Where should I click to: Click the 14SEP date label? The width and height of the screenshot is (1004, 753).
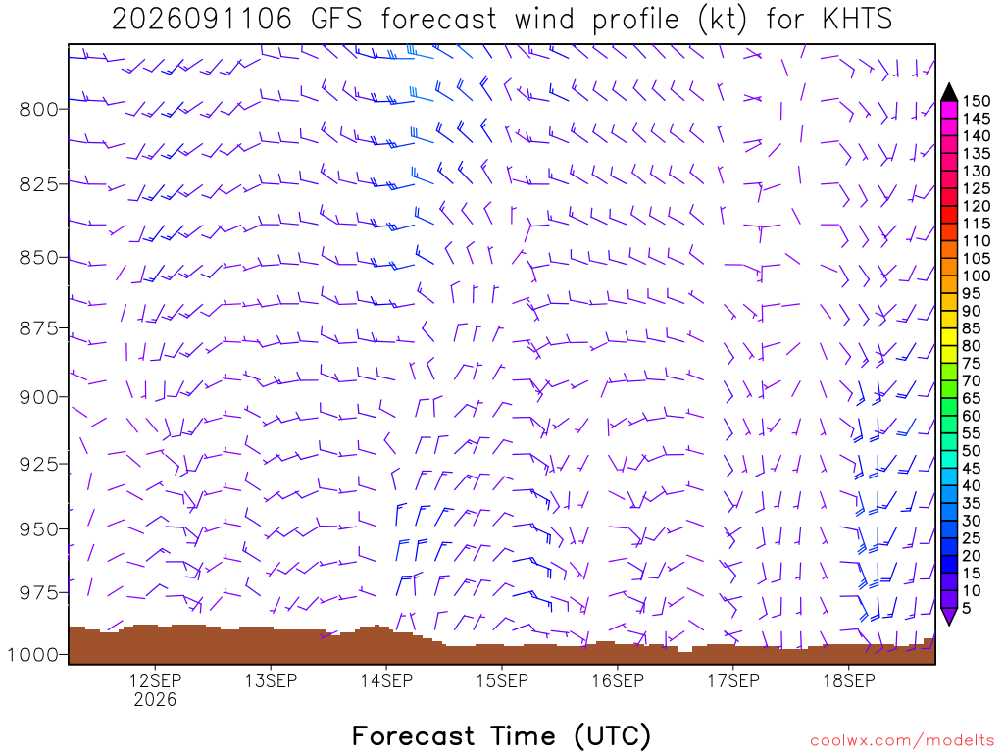386,680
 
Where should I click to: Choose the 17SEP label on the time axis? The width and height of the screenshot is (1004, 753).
733,680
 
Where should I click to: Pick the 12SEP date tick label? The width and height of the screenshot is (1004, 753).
156,680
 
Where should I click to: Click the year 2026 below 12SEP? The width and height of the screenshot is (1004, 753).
156,699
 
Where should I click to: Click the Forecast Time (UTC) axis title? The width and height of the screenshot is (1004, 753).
501,736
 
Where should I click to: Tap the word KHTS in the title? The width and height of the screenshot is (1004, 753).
857,20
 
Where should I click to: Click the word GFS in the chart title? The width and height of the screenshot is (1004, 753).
336,20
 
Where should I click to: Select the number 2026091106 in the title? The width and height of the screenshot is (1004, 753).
202,20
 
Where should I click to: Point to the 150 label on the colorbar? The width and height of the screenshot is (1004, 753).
976,101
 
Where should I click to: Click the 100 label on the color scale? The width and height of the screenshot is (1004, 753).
976,276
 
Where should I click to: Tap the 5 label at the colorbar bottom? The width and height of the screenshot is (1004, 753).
967,608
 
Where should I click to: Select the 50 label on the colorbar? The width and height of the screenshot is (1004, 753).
972,451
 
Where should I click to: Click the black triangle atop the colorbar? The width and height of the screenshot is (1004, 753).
949,93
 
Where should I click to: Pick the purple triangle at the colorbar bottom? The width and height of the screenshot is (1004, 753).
949,616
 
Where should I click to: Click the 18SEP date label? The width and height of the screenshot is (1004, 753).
849,680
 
